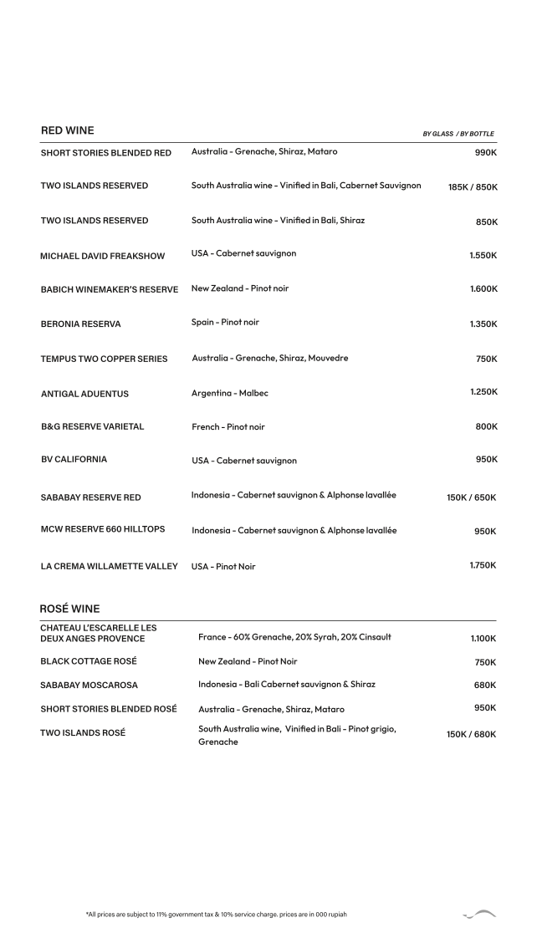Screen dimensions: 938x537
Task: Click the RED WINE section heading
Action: [x=68, y=130]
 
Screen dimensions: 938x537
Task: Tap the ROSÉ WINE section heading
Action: [x=70, y=608]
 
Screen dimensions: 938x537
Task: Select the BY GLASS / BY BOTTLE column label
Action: [x=458, y=134]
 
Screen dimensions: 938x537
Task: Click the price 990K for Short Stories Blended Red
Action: [x=485, y=153]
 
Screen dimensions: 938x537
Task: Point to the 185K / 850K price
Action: [x=473, y=187]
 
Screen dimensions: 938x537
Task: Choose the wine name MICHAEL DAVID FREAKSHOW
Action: [x=103, y=256]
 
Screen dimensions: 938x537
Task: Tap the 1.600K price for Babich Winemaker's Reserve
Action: [x=483, y=288]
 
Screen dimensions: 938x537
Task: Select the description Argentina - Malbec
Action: [x=230, y=393]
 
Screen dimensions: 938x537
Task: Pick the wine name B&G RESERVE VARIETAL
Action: [x=93, y=426]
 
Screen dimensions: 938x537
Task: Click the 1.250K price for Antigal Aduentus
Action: [x=483, y=391]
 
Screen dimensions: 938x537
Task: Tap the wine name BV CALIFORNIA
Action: [x=74, y=459]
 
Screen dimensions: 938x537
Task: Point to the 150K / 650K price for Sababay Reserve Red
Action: [x=472, y=497]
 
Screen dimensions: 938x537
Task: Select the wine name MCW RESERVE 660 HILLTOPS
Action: [x=104, y=530]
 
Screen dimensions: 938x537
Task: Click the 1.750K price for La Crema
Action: [x=483, y=565]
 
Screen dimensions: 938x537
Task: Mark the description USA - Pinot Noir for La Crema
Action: [x=223, y=567]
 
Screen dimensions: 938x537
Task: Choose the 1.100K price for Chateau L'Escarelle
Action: [x=483, y=639]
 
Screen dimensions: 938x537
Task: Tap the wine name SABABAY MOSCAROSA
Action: [x=89, y=685]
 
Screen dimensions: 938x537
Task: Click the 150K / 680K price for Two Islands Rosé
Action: [x=472, y=734]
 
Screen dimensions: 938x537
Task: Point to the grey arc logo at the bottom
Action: [x=480, y=915]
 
